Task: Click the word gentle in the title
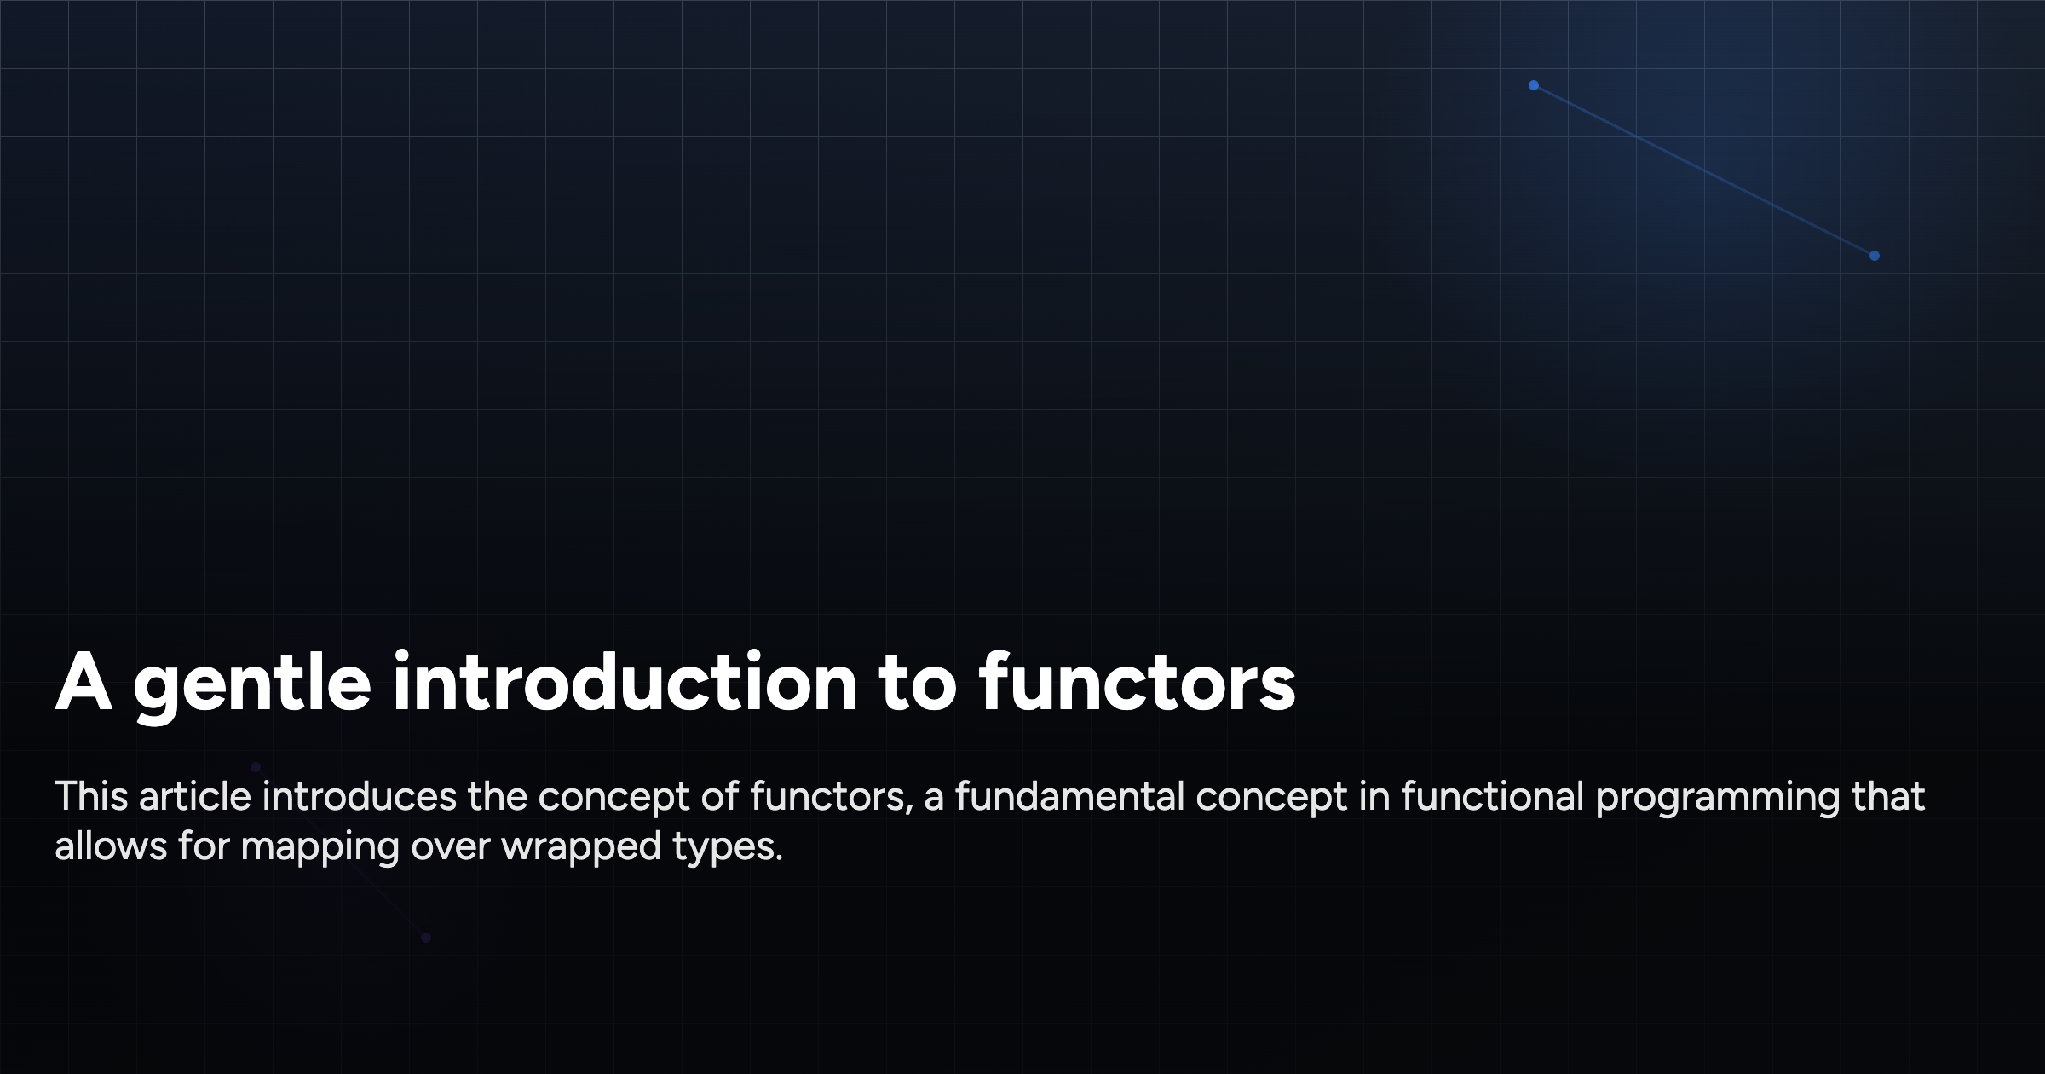[x=251, y=684]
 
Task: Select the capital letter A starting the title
[x=84, y=683]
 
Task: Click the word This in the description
[x=90, y=797]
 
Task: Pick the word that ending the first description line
[x=1887, y=797]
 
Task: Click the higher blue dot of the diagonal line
[x=1534, y=85]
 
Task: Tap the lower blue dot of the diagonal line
[x=1875, y=256]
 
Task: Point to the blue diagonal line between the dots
[x=1704, y=170]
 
